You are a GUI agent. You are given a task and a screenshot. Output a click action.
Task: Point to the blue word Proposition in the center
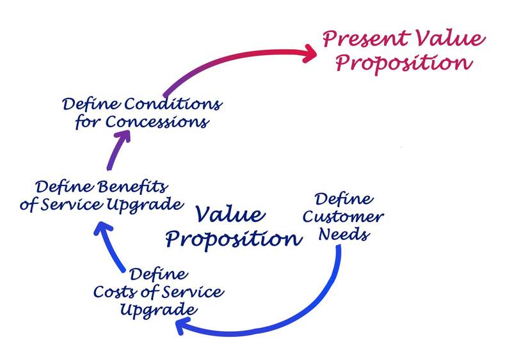(x=234, y=239)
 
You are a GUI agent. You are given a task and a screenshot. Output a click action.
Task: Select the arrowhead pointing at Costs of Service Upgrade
(x=182, y=327)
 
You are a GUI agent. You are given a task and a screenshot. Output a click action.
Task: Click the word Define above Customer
(x=339, y=199)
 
